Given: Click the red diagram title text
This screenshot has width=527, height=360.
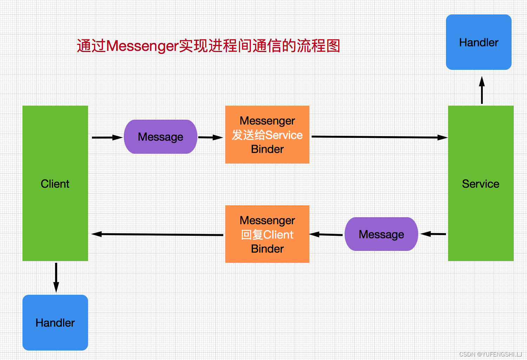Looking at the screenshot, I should (208, 46).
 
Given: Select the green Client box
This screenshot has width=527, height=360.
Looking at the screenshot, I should (55, 183).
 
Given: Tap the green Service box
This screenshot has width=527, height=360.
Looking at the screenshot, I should (481, 183).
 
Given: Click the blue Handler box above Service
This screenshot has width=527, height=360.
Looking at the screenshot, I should (479, 42).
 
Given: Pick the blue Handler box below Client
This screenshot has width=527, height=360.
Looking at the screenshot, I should (55, 322).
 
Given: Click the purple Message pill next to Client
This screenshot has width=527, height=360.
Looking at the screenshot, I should (160, 137).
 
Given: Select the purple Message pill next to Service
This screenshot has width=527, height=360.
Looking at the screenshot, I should (381, 234).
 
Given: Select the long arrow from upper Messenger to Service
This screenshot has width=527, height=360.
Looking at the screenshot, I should (379, 137).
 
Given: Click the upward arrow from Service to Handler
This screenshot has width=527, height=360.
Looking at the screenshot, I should (482, 90).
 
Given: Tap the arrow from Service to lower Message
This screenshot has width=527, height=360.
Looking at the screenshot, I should (433, 234).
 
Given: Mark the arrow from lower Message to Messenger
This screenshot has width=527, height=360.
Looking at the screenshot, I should (326, 234).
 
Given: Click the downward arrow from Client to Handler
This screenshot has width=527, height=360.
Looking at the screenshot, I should (56, 277).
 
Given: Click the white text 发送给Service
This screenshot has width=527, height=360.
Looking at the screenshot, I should (267, 135).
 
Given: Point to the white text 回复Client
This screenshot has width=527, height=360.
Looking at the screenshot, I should (267, 235).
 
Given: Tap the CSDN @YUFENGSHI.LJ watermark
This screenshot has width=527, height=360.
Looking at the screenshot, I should (491, 354).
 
